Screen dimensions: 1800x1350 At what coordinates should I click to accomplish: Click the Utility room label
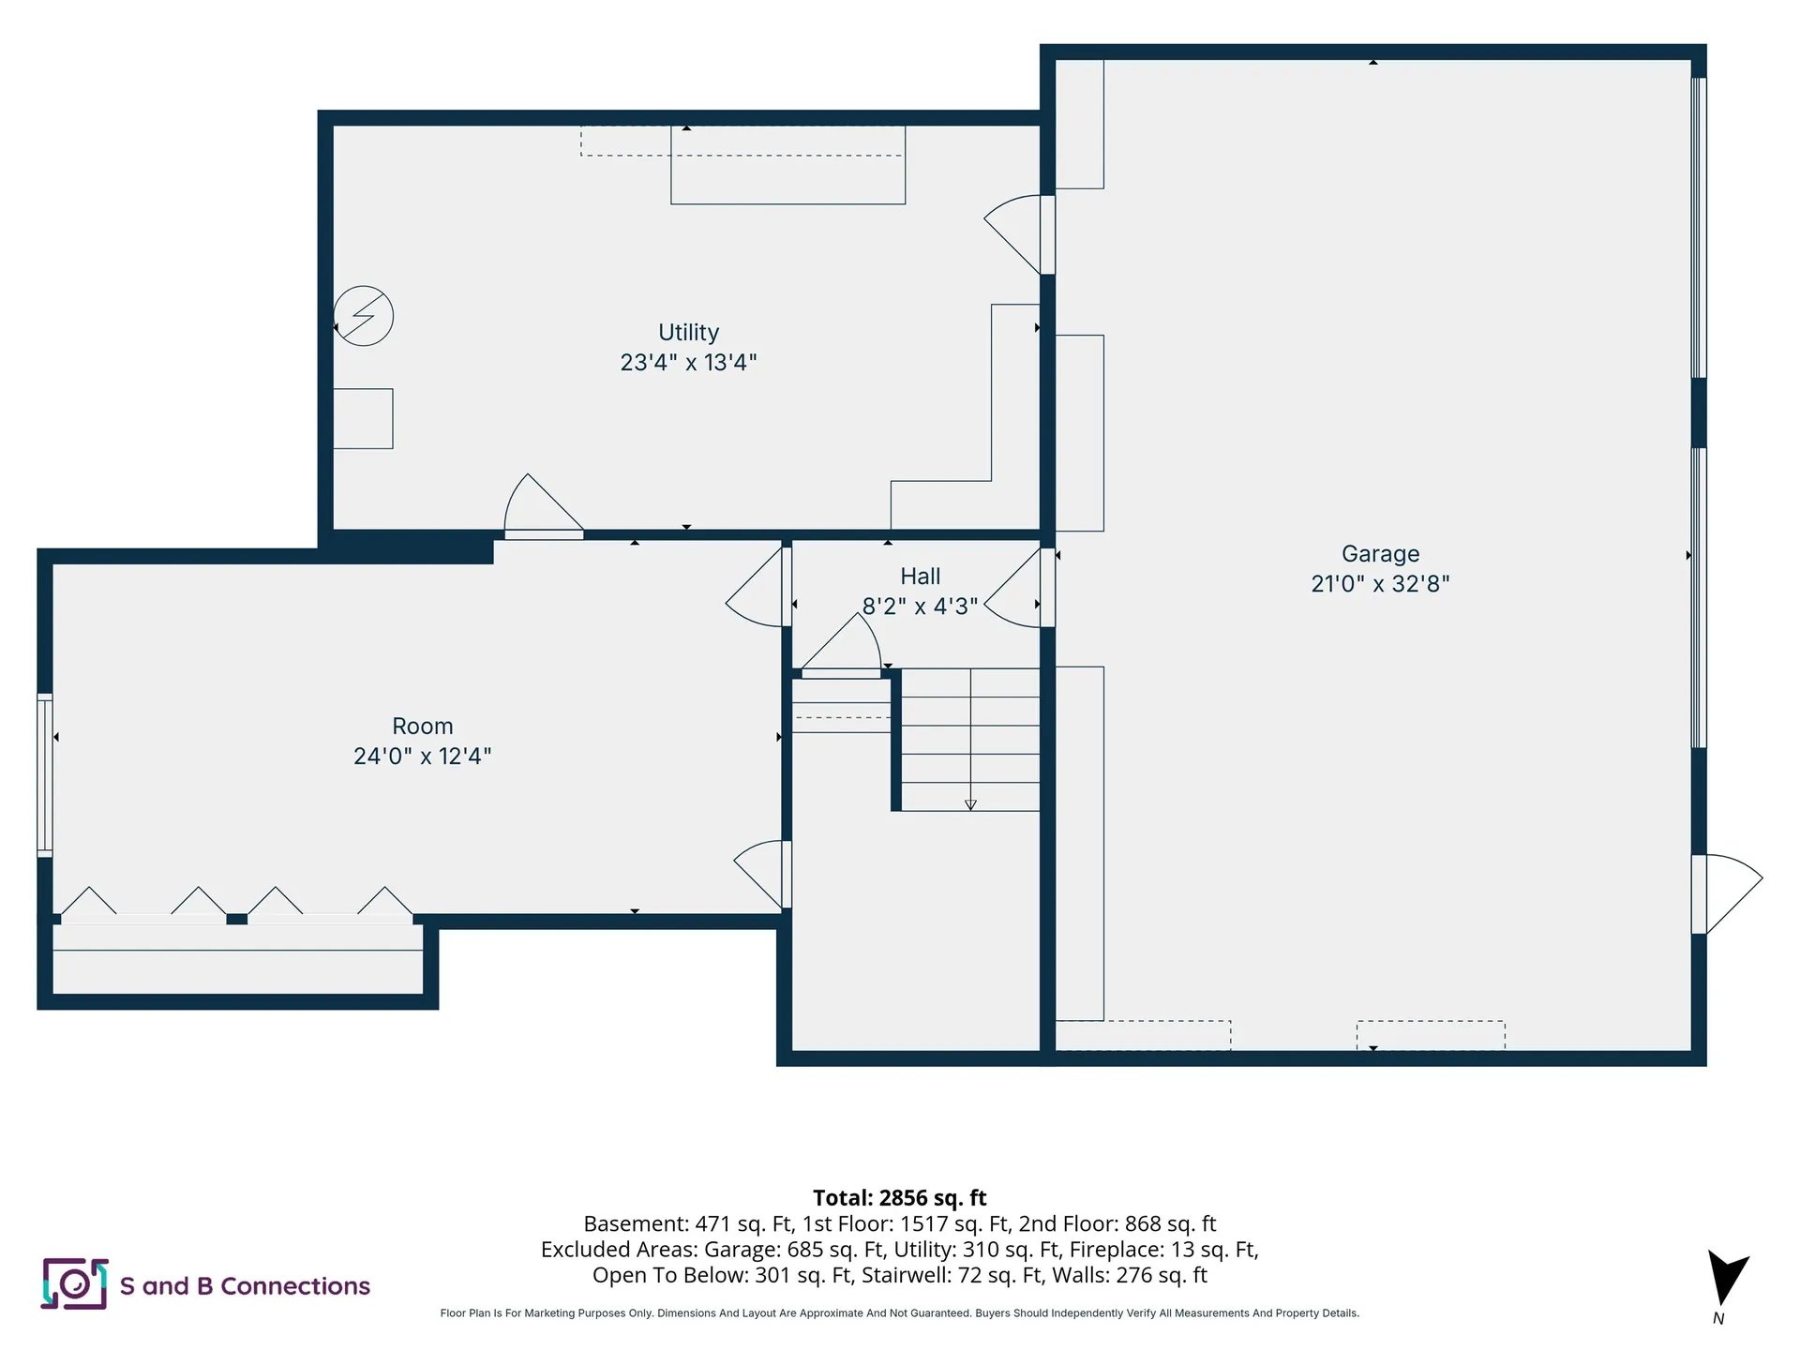coord(688,333)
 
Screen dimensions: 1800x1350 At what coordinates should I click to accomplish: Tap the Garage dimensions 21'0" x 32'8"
coord(1380,584)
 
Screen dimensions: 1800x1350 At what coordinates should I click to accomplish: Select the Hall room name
coord(920,577)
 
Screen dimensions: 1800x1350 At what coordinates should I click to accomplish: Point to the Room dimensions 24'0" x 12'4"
coord(422,757)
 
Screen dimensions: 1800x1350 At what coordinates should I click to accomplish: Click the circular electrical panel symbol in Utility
coord(364,316)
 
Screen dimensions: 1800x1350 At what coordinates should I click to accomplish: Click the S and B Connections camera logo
coord(74,1283)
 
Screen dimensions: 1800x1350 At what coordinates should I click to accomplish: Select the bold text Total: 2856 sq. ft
coord(899,1198)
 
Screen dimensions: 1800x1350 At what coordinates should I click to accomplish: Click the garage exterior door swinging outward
coord(1727,894)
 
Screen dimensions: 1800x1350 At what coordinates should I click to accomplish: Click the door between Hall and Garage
coord(1020,588)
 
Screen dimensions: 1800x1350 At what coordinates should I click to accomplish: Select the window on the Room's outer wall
coord(45,775)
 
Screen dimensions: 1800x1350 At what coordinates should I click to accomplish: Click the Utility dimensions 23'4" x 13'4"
coord(688,363)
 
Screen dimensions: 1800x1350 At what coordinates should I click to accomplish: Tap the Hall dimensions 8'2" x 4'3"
coord(920,607)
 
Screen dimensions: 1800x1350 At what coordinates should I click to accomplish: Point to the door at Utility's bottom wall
coord(544,506)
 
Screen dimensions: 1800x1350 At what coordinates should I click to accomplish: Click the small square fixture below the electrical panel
coord(363,419)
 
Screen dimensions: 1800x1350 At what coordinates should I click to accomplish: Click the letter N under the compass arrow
coord(1718,1318)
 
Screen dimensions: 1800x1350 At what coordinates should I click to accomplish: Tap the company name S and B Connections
coord(245,1286)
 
